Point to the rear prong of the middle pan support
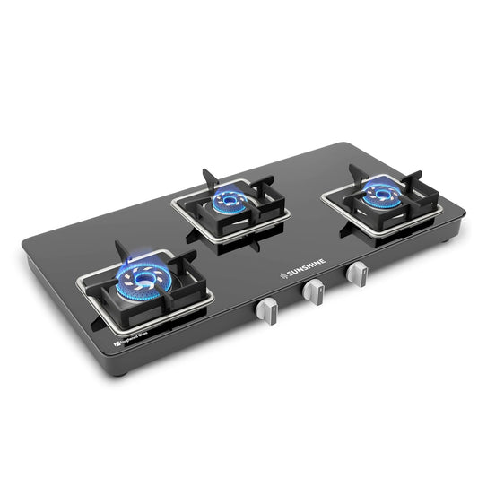point(206,173)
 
